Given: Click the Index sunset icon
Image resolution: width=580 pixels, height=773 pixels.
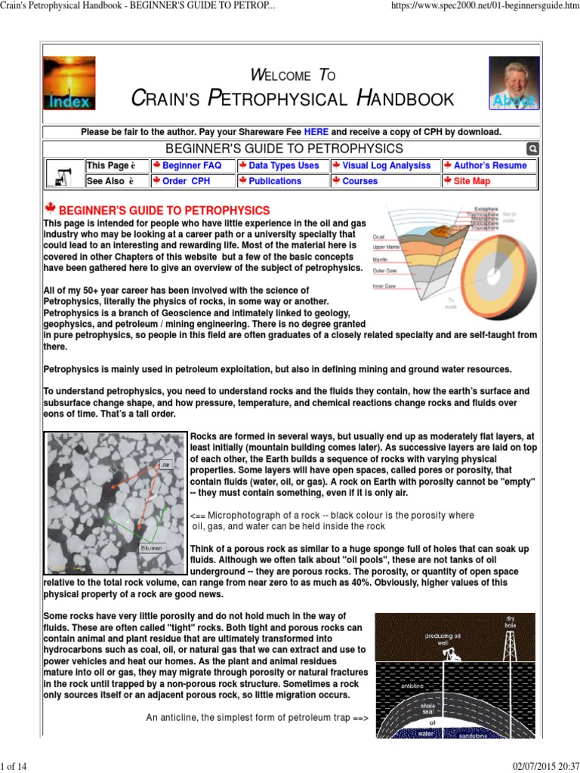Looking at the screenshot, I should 69,83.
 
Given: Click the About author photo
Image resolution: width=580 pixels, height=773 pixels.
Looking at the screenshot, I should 514,83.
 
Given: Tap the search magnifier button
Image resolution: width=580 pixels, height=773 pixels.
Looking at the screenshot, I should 532,149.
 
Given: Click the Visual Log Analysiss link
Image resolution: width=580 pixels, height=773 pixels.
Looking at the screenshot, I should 386,165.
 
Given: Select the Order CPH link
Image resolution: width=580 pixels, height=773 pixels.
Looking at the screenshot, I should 186,181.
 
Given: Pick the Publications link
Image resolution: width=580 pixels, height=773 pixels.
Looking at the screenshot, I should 274,181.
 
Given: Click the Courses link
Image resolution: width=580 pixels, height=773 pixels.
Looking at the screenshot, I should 359,181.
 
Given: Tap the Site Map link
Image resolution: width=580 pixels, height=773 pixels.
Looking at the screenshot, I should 471,181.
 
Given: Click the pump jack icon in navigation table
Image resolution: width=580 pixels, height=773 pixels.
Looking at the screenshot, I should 63,174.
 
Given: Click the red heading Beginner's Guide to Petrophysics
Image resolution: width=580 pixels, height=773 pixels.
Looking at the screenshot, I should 164,210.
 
